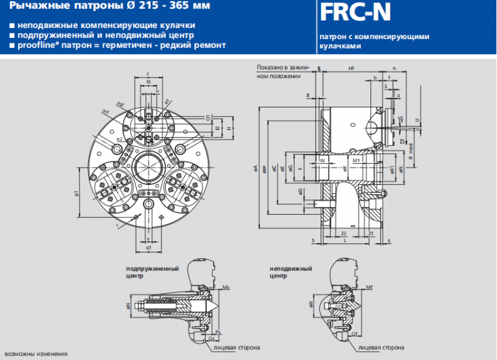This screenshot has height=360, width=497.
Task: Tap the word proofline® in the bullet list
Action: [36, 45]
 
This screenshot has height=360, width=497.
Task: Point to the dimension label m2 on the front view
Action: [121, 104]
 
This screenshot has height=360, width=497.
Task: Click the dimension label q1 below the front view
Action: [148, 247]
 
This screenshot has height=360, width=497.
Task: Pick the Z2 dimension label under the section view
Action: [344, 233]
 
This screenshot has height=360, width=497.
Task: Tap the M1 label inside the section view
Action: [356, 161]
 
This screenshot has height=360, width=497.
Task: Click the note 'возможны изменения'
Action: [34, 354]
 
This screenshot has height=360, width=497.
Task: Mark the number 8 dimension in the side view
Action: [308, 94]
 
